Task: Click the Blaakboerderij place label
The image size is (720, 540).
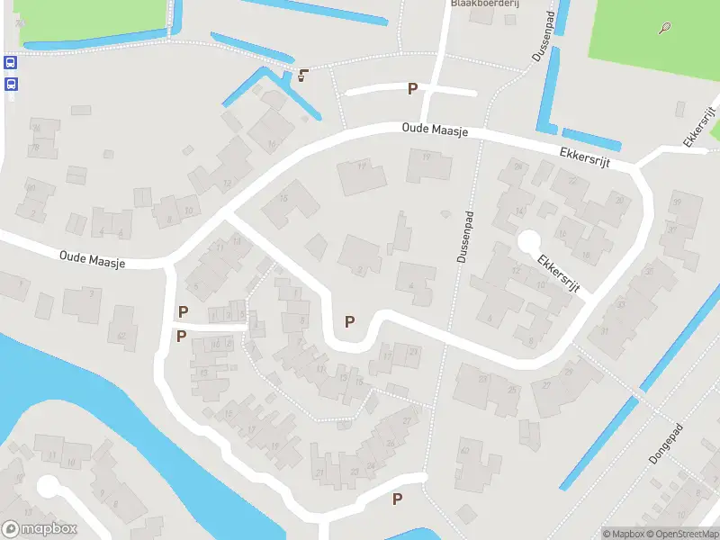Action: (474, 4)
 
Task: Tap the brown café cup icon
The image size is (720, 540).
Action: (303, 74)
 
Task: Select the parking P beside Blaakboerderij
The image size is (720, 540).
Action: (413, 88)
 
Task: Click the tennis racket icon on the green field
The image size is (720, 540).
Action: (665, 28)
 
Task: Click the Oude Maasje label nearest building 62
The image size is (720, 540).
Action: (93, 258)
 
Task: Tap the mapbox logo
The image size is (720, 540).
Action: (40, 529)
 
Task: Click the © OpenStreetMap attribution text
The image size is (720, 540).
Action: (681, 534)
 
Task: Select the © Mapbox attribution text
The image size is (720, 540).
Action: (623, 534)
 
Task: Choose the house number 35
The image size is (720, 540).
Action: (650, 272)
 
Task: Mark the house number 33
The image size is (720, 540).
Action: (621, 305)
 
